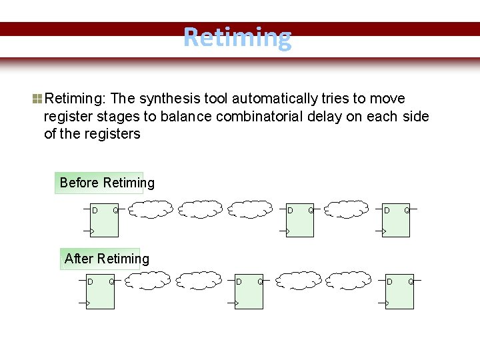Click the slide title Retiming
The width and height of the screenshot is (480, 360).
[x=237, y=38]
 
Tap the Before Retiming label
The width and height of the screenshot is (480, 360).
[x=107, y=183]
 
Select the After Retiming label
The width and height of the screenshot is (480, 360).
[x=107, y=259]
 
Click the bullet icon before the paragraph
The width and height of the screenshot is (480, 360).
[x=37, y=99]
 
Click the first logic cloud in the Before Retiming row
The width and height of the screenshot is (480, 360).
[x=151, y=210]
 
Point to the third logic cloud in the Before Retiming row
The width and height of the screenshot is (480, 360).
[x=251, y=209]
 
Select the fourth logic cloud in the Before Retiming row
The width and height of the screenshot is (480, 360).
[x=348, y=209]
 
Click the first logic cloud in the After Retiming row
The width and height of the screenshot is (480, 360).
[x=148, y=280]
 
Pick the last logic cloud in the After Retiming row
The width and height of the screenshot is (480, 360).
[x=349, y=280]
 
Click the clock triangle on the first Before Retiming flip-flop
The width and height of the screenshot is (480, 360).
[x=93, y=231]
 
